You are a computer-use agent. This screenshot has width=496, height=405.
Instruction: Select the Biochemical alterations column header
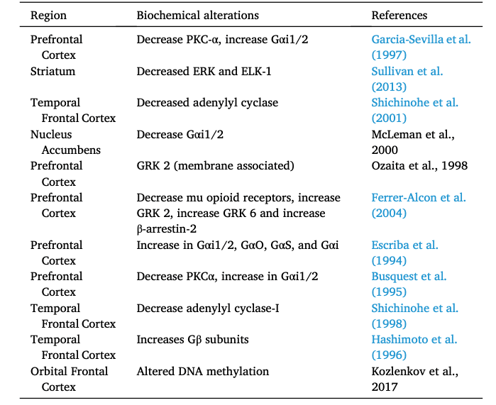tap(197, 15)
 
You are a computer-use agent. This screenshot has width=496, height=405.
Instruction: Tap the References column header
tap(399, 15)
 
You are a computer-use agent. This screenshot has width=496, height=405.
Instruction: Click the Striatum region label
tap(53, 71)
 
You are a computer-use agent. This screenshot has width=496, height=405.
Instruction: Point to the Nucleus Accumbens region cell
tap(61, 142)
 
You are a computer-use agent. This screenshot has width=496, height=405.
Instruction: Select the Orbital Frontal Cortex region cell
tap(69, 379)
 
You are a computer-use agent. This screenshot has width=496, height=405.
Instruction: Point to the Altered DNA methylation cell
tap(192, 371)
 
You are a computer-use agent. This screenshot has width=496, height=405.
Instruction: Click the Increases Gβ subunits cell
tap(192, 340)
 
